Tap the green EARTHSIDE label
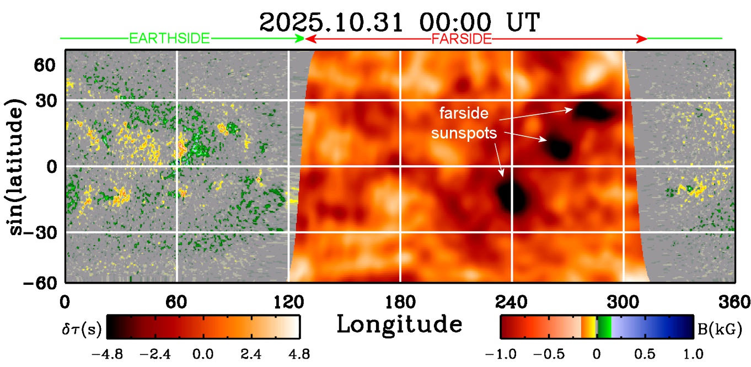click(169, 39)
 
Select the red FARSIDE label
click(462, 39)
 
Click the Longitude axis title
click(399, 325)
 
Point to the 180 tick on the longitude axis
click(400, 302)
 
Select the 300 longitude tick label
click(623, 302)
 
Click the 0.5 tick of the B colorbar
click(644, 352)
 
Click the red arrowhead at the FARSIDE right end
click(642, 39)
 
